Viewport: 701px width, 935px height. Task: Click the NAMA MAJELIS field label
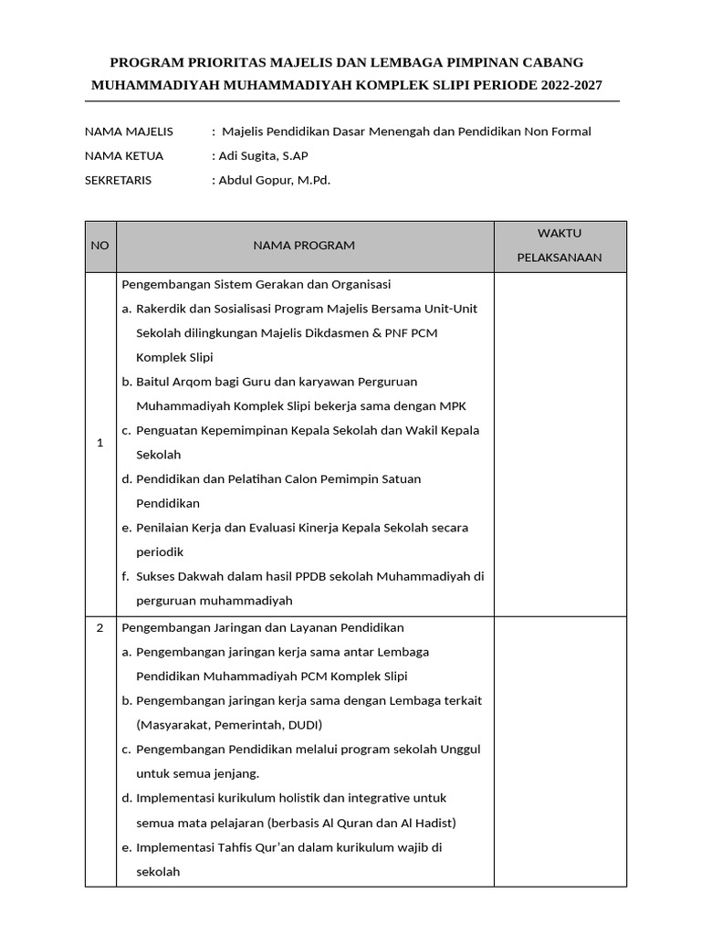(129, 131)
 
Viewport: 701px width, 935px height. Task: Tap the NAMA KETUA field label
(124, 156)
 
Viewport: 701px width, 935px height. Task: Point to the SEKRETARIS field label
(119, 180)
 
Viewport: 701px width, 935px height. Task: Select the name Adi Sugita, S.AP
(256, 156)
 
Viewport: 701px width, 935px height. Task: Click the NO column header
(99, 246)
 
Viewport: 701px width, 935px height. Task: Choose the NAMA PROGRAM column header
(304, 246)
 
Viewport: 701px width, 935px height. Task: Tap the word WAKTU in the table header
(559, 234)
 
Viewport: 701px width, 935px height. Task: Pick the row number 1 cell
(99, 443)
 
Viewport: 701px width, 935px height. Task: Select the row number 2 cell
(99, 628)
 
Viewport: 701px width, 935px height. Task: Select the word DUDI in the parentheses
(301, 725)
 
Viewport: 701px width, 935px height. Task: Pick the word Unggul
(460, 750)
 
